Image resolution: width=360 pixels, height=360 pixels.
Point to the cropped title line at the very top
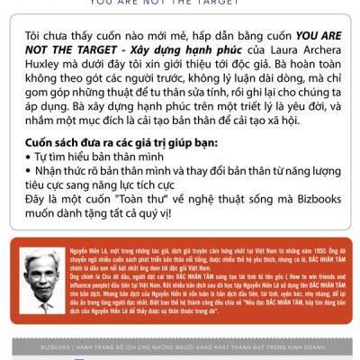180,3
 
